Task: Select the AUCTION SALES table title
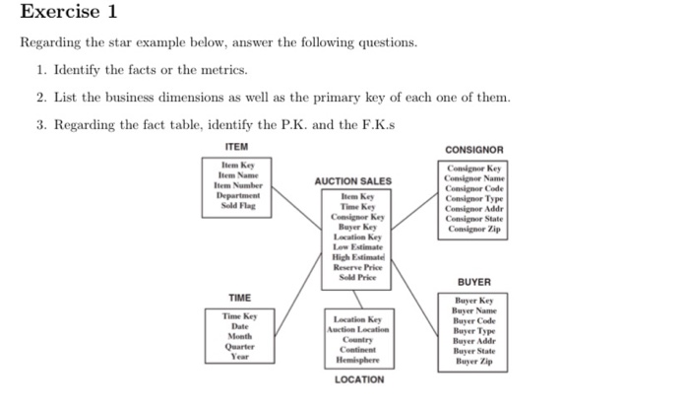point(352,181)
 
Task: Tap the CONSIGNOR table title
point(474,150)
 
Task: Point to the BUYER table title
point(473,282)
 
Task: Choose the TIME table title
point(239,298)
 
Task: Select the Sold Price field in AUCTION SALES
point(352,279)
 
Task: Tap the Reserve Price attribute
point(352,268)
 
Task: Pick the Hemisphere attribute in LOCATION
point(356,360)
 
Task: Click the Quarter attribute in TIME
point(240,347)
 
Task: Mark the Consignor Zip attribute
point(474,230)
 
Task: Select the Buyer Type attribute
point(474,331)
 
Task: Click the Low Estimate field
point(352,247)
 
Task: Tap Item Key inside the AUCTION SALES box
point(352,197)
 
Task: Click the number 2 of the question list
point(41,98)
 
